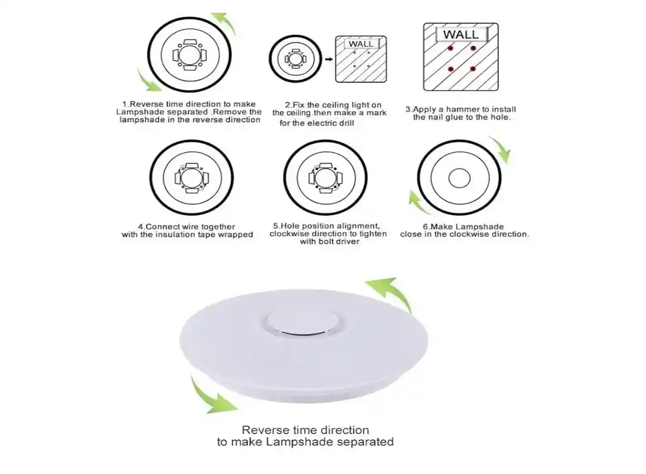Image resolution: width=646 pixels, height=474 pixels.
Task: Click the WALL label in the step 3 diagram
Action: pyautogui.click(x=461, y=34)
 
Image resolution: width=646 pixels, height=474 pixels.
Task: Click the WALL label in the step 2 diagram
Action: pyautogui.click(x=360, y=44)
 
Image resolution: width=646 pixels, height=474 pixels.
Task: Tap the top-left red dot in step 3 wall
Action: pyautogui.click(x=450, y=48)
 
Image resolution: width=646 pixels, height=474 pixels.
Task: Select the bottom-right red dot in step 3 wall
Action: pyautogui.click(x=473, y=69)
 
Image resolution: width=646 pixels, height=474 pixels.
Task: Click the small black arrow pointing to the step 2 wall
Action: pyautogui.click(x=329, y=59)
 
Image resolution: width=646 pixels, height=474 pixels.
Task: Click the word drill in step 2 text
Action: pyautogui.click(x=344, y=123)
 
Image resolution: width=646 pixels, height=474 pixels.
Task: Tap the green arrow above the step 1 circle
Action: pyautogui.click(x=224, y=23)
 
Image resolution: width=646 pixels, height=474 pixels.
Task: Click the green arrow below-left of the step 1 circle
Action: pyautogui.click(x=149, y=81)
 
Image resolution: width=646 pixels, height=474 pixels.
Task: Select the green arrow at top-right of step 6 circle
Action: pyautogui.click(x=501, y=149)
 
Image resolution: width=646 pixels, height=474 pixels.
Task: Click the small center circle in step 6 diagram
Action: pyautogui.click(x=459, y=179)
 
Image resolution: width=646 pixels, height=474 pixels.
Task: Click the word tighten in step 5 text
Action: pyautogui.click(x=372, y=234)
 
